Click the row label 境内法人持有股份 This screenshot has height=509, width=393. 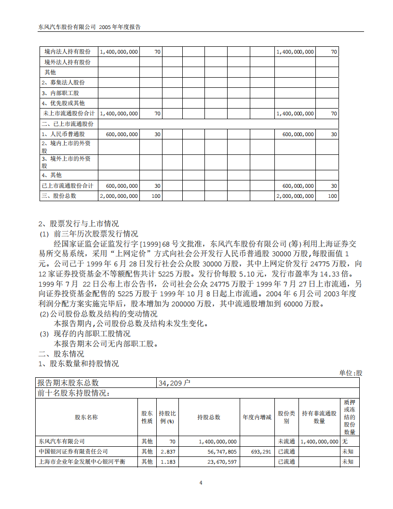pos(68,52)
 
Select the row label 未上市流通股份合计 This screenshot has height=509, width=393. pos(68,113)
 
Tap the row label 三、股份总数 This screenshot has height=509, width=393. pos(59,196)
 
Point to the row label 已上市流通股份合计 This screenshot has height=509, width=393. pos(68,186)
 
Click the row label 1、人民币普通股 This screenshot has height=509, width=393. pos(63,134)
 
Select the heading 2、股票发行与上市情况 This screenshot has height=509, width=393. pos(79,224)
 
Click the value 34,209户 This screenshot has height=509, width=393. pos(175,383)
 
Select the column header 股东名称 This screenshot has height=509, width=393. pos(86,417)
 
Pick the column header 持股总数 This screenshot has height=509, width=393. pos(209,417)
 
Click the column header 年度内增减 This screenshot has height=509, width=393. pos(257,417)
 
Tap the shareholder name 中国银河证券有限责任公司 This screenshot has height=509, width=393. pos(73,452)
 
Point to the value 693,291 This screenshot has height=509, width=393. pos(261,452)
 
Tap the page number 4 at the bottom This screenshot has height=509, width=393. pos(201,482)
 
